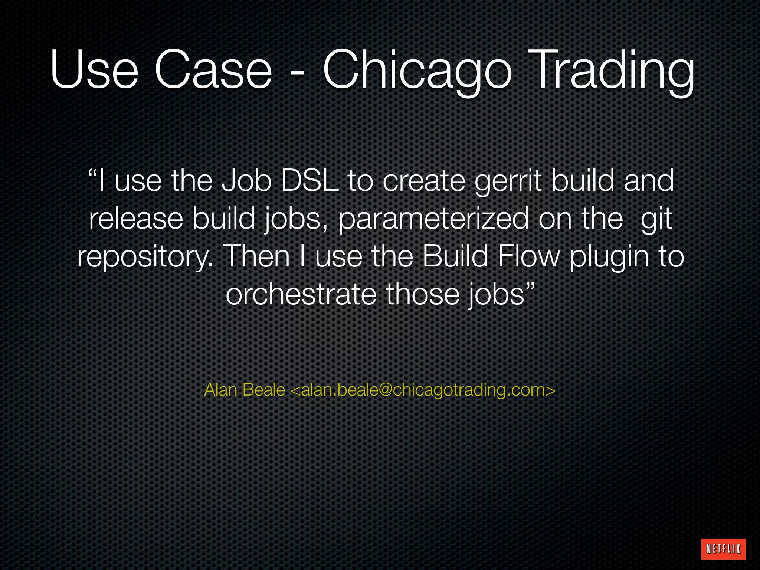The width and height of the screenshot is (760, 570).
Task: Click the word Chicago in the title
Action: pyautogui.click(x=417, y=71)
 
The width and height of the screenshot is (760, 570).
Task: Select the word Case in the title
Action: pyautogui.click(x=213, y=71)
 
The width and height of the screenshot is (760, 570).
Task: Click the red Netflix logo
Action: pyautogui.click(x=723, y=548)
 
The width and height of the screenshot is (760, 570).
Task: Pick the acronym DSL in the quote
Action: pyautogui.click(x=310, y=181)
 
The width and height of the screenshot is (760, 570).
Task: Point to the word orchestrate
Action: pyautogui.click(x=301, y=294)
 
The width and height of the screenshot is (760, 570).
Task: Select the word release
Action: pyautogui.click(x=136, y=219)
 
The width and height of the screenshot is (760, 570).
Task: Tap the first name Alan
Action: pyautogui.click(x=221, y=390)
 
